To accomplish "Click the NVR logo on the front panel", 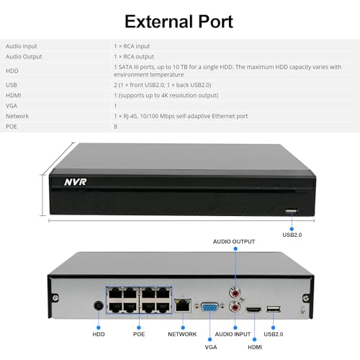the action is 76,182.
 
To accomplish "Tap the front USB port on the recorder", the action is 291,211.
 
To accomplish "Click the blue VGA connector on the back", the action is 210,307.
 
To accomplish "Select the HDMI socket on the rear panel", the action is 253,310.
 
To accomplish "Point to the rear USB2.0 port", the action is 274,309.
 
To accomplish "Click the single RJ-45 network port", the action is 183,305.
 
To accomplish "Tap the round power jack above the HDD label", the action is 99,306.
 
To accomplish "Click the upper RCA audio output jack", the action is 235,292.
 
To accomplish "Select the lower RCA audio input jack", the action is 235,307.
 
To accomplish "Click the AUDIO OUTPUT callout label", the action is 234,242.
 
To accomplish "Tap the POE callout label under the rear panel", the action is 139,334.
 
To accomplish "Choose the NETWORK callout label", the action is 182,334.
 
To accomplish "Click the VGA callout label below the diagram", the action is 211,347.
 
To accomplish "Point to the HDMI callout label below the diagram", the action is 255,347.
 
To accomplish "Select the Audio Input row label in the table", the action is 22,46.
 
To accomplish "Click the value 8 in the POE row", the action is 115,127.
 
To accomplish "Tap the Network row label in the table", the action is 17,116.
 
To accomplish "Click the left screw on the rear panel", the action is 55,297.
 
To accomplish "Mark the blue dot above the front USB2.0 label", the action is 292,229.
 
